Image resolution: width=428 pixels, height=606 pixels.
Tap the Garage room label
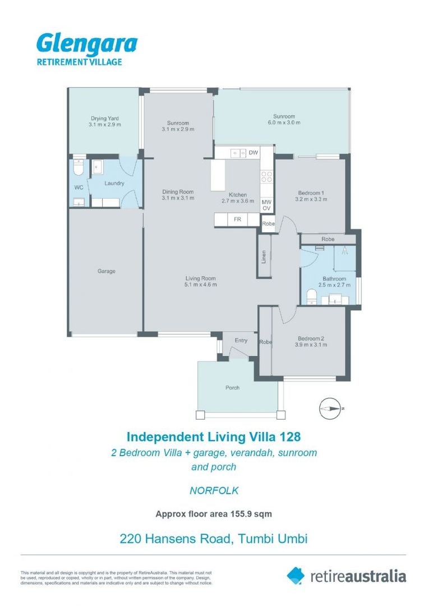tap(106, 272)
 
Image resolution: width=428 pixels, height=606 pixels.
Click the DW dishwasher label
tap(254, 153)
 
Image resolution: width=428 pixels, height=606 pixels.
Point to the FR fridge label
tap(237, 219)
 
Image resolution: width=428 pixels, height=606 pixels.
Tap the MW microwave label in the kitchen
tap(267, 202)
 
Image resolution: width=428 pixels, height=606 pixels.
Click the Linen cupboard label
tap(263, 256)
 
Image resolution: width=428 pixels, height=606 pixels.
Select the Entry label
tap(241, 341)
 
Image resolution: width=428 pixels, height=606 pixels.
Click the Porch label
tap(232, 388)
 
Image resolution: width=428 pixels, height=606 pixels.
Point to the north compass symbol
tap(330, 408)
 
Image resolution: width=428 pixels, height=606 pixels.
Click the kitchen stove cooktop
tap(267, 177)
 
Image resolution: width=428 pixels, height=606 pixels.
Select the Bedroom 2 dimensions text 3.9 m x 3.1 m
tap(311, 345)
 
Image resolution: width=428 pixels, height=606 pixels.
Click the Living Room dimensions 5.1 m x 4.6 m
tap(201, 285)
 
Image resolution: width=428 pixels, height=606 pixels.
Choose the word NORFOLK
tap(214, 490)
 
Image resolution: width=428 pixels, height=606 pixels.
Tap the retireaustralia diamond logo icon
tap(296, 575)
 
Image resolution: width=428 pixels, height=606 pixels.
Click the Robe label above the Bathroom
tap(328, 239)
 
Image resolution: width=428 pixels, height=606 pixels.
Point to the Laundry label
tap(114, 183)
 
